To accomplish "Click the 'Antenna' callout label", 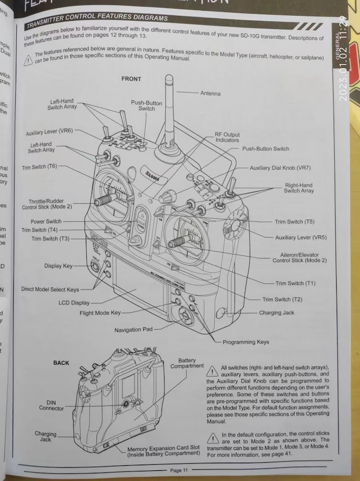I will click(x=210, y=93).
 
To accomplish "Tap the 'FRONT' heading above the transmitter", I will click(x=131, y=79).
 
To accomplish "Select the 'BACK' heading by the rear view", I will click(x=61, y=363).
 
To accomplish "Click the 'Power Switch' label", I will click(x=46, y=221).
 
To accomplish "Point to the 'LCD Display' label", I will click(x=74, y=303).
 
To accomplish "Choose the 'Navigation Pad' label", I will click(x=133, y=330).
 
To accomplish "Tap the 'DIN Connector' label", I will click(x=51, y=405).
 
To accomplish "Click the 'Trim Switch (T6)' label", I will click(x=40, y=167).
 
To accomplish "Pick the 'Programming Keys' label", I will click(x=246, y=342).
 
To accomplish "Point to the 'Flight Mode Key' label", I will click(x=100, y=313).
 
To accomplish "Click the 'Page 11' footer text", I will click(x=179, y=470).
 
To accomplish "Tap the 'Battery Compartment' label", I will click(x=187, y=363).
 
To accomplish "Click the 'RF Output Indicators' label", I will click(x=227, y=137).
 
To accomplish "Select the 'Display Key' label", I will click(x=58, y=266).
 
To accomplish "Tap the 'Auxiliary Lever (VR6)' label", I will click(x=49, y=133).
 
